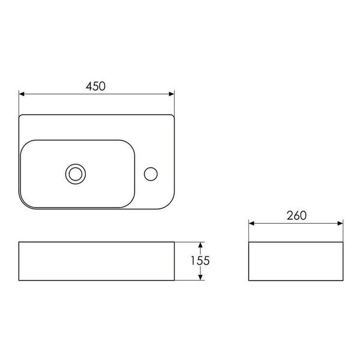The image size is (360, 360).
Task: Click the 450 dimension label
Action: [x=95, y=86]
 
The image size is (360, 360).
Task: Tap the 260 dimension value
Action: [x=296, y=215]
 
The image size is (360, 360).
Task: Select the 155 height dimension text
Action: [x=200, y=260]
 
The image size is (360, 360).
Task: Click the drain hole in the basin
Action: [x=76, y=174]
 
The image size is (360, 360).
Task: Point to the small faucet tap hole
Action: [x=151, y=174]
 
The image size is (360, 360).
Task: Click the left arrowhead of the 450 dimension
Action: [x=22, y=94]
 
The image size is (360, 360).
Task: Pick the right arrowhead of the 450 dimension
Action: [x=171, y=94]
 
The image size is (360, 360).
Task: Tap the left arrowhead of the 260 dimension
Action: [x=251, y=223]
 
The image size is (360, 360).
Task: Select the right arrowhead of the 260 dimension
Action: [x=340, y=223]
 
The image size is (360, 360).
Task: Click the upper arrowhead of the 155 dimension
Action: [x=200, y=245]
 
